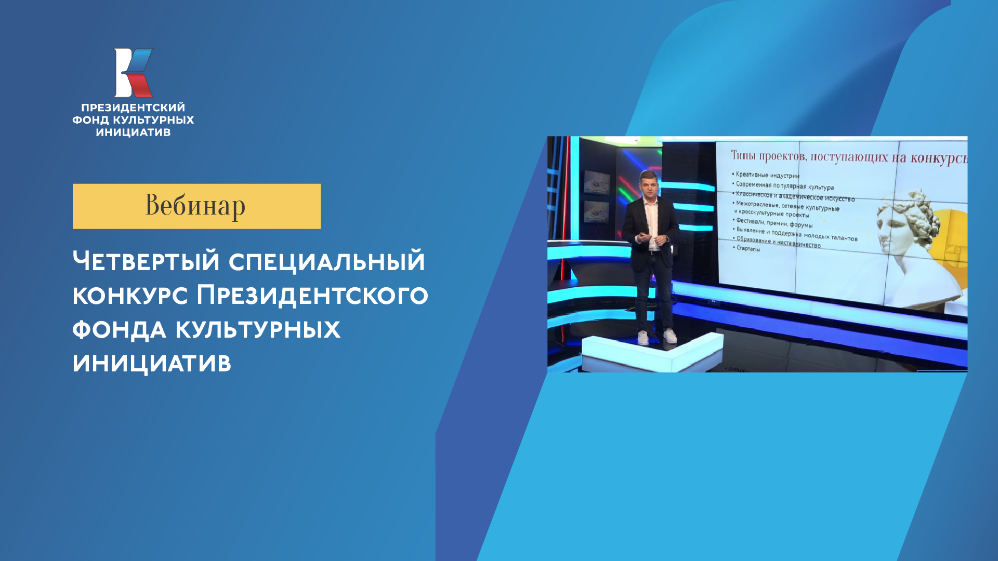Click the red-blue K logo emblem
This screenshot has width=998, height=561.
tap(134, 73)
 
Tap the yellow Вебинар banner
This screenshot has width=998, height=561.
tap(196, 206)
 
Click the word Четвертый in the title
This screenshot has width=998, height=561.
tap(146, 261)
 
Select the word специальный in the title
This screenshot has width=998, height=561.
tap(326, 261)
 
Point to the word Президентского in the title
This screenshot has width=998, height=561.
tap(312, 295)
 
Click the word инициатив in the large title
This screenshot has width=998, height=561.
tap(152, 363)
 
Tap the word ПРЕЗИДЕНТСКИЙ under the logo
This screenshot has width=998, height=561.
tap(133, 108)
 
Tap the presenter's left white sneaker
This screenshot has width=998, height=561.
tap(643, 338)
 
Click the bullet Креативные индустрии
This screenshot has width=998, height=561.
tap(767, 175)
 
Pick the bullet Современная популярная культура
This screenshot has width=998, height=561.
tap(784, 185)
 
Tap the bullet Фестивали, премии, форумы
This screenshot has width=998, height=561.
tap(774, 223)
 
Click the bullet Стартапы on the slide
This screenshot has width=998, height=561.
tap(748, 248)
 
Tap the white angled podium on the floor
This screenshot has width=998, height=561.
tap(652, 352)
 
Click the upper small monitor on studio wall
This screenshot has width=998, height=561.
tap(596, 182)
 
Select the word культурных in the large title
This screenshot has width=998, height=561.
tap(258, 329)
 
